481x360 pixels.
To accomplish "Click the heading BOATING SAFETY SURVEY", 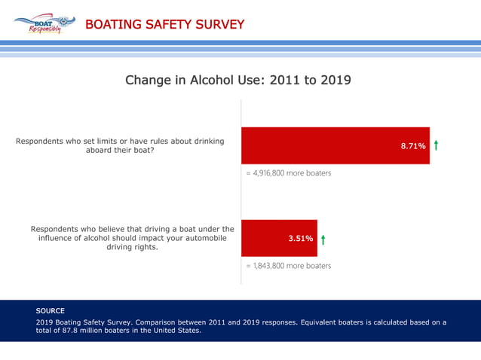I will (164, 25).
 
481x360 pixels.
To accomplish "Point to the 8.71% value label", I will (413, 145).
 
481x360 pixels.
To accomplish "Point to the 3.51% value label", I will (301, 239).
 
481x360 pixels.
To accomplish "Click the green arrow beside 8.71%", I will (437, 145).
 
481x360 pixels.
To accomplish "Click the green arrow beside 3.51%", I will (323, 239).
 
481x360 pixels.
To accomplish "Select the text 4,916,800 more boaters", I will (289, 173).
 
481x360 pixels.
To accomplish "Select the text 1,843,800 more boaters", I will (289, 266).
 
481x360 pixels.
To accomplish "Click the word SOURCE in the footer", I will (51, 310).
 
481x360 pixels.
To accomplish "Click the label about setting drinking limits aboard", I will (120, 145).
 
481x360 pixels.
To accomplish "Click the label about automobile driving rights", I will (132, 238).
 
